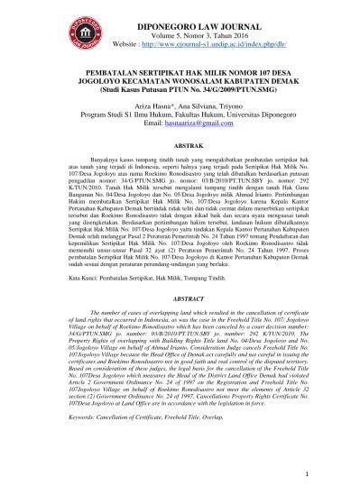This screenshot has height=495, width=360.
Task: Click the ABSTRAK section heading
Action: [180, 141]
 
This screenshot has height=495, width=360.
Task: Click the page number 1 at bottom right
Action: [333, 472]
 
